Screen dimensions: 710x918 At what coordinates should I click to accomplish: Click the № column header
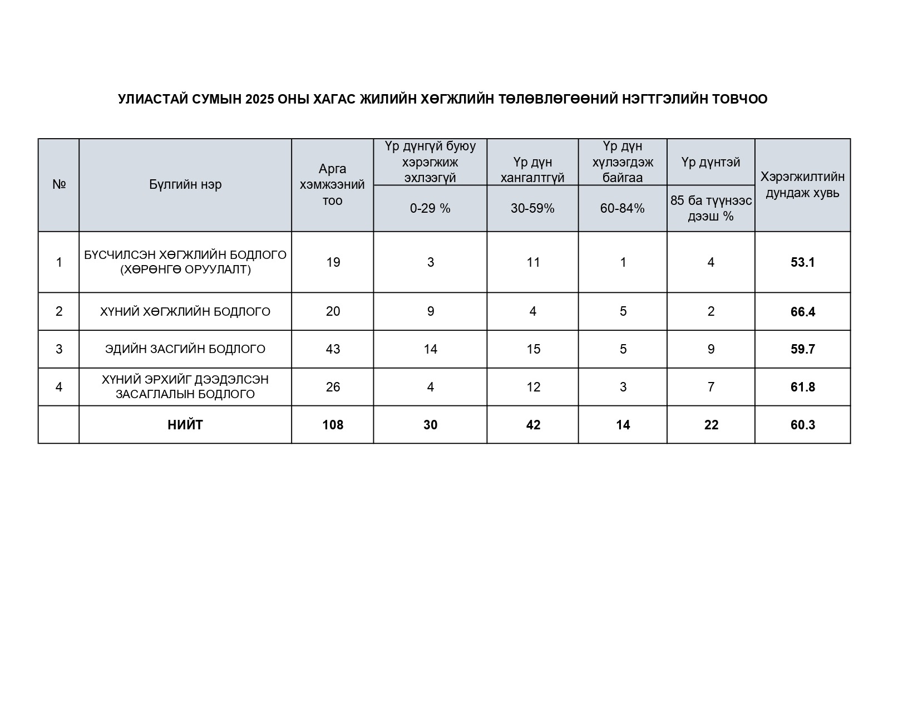[x=59, y=185]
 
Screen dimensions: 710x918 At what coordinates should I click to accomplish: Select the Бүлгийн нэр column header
[x=185, y=185]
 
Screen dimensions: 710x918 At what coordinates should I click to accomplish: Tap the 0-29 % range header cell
[x=430, y=208]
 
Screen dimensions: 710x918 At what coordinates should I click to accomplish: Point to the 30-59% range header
[x=532, y=208]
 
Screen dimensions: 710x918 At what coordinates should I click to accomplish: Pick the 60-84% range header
[x=622, y=208]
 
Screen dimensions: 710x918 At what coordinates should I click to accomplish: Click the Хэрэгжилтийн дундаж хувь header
[x=802, y=185]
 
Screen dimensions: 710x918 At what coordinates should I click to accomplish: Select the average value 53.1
[x=802, y=262]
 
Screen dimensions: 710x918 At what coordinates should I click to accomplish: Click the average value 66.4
[x=802, y=312]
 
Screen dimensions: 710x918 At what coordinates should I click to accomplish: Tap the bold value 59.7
[x=802, y=349]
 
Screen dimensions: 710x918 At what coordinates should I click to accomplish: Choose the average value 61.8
[x=802, y=387]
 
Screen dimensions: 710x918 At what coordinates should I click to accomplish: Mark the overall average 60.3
[x=802, y=425]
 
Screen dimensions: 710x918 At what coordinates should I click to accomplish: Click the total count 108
[x=333, y=425]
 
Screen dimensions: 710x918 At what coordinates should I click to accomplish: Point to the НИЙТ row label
[x=185, y=425]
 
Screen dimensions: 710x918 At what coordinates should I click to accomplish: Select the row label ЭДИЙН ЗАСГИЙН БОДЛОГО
[x=185, y=349]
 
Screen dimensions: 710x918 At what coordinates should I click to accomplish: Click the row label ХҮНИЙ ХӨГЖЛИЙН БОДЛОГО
[x=185, y=312]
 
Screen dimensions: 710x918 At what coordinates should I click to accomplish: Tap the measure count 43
[x=333, y=349]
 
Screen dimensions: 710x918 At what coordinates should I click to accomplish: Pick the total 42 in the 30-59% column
[x=533, y=425]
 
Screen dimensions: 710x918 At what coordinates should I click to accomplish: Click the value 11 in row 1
[x=533, y=262]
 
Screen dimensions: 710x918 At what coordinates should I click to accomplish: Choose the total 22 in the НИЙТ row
[x=711, y=425]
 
